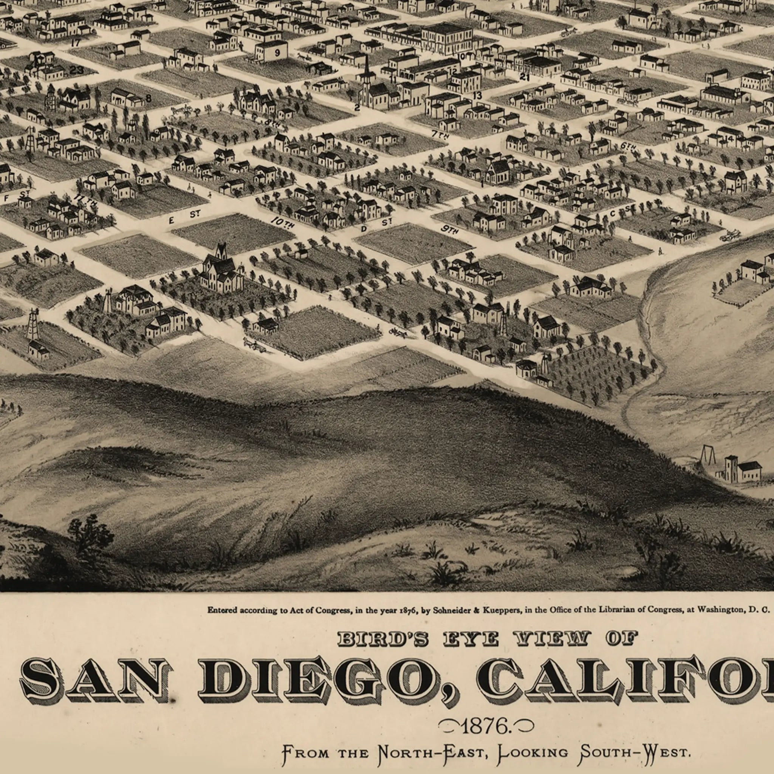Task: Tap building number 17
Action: coord(75,42)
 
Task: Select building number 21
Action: coord(525,76)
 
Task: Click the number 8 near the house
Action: coord(148,98)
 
